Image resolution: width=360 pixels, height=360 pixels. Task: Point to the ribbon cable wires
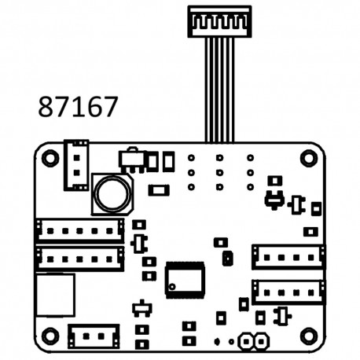click(x=219, y=86)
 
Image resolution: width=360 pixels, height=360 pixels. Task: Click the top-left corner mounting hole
click(x=50, y=157)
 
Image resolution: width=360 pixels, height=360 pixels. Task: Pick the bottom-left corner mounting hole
click(x=50, y=336)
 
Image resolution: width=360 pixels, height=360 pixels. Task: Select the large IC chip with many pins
click(x=185, y=278)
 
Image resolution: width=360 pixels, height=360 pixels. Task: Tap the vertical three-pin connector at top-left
click(x=76, y=164)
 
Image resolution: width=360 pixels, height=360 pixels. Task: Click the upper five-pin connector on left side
click(x=79, y=230)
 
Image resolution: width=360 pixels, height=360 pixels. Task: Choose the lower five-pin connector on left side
click(x=79, y=257)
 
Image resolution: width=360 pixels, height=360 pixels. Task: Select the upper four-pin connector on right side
click(x=288, y=255)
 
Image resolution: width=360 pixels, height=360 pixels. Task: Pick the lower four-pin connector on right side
click(x=288, y=291)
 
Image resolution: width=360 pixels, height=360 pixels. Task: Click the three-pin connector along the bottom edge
click(x=94, y=336)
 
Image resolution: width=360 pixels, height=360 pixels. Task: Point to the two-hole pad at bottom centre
click(x=252, y=341)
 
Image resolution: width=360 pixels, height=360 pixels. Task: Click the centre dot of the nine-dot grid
click(x=219, y=172)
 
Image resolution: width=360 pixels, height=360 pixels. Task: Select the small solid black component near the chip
click(x=228, y=257)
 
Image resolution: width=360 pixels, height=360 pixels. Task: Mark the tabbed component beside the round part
click(x=131, y=160)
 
